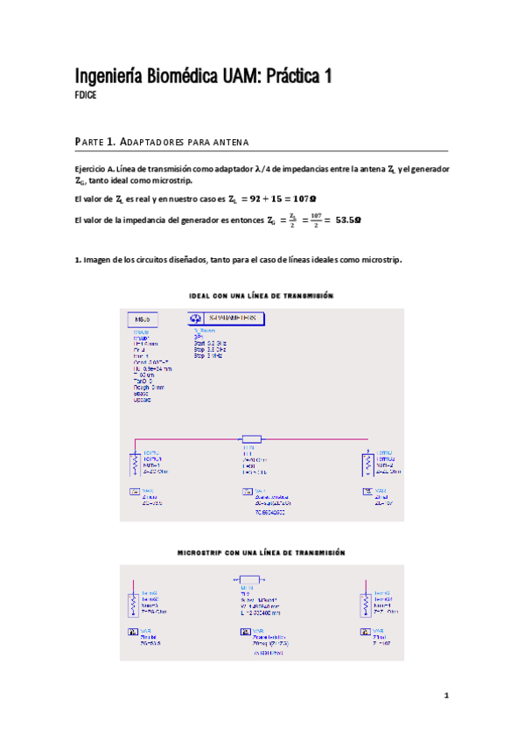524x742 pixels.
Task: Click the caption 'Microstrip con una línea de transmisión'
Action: point(262,553)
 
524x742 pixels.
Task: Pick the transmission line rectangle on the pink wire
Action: point(251,439)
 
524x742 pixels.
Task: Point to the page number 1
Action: point(446,696)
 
